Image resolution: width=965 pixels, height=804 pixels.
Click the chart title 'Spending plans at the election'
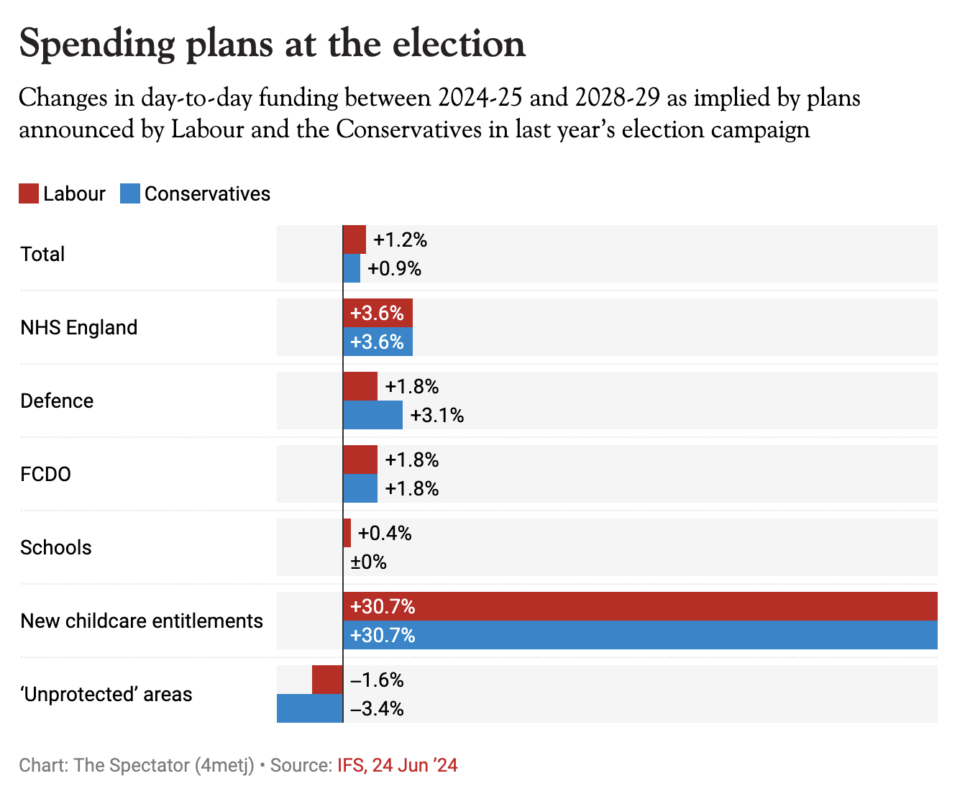click(x=272, y=44)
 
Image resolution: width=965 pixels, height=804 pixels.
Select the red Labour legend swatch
click(x=29, y=193)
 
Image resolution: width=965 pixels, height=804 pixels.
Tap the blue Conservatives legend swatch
click(x=130, y=193)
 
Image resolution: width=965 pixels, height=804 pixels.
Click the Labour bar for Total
click(x=355, y=239)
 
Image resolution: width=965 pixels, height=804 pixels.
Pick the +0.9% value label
click(x=394, y=269)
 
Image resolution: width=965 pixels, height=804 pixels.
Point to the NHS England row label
click(x=78, y=328)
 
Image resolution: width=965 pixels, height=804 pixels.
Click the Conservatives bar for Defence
click(x=372, y=415)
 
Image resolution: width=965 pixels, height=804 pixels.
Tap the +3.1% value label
click(x=436, y=416)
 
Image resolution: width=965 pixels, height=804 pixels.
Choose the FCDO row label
click(x=45, y=475)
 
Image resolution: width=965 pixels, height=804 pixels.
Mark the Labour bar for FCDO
click(x=360, y=460)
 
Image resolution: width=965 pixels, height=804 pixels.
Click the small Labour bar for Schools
click(x=347, y=533)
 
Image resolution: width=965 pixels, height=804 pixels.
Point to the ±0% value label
click(x=368, y=562)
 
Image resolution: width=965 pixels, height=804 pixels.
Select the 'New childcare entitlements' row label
click(x=142, y=621)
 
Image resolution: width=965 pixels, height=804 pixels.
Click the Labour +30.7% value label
click(x=383, y=607)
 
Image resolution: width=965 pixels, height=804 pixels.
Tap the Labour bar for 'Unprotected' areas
click(x=327, y=680)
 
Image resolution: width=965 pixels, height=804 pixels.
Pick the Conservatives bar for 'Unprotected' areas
click(x=310, y=708)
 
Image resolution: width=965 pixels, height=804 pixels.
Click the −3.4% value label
click(x=377, y=709)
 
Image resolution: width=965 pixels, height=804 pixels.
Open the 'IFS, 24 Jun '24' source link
click(x=397, y=765)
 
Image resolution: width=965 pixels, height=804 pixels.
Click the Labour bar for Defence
click(x=360, y=386)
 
